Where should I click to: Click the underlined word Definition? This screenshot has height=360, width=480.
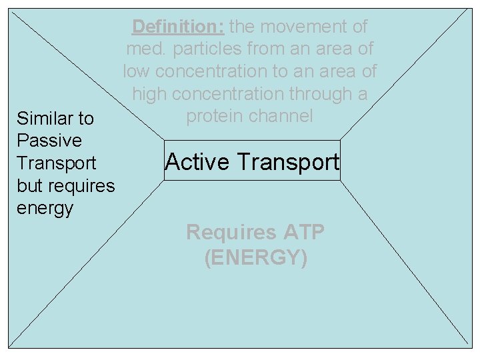pyautogui.click(x=178, y=27)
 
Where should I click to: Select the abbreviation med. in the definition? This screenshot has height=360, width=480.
pyautogui.click(x=143, y=49)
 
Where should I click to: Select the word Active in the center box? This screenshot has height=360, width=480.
pyautogui.click(x=198, y=162)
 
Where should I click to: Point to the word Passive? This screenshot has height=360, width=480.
pyautogui.click(x=49, y=141)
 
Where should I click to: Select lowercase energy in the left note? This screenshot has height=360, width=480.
pyautogui.click(x=45, y=209)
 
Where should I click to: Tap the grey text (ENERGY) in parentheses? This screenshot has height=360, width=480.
pyautogui.click(x=256, y=257)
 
